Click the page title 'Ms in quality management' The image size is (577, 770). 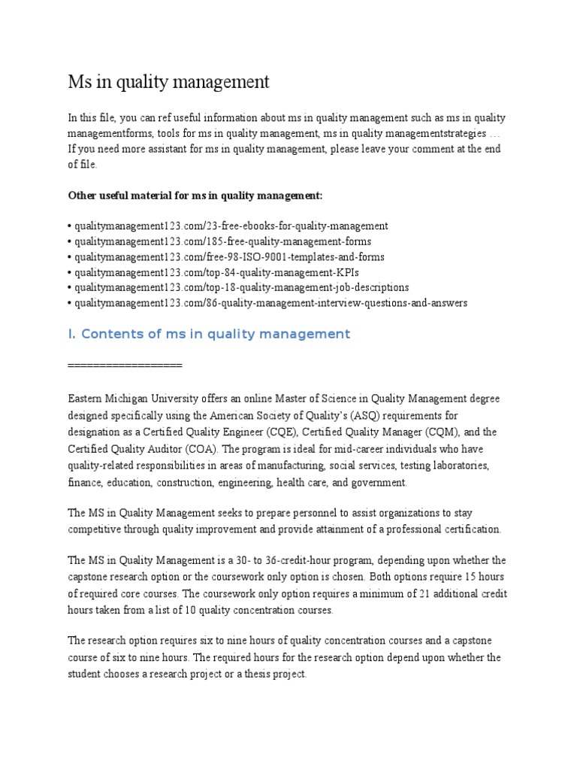[x=168, y=82]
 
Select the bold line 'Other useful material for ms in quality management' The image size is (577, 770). [x=195, y=196]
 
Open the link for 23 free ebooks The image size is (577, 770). [x=230, y=226]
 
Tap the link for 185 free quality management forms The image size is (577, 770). [x=222, y=241]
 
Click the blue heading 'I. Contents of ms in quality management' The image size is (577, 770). [x=209, y=334]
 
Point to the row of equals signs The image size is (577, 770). [x=125, y=365]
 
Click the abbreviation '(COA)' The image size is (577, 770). [x=195, y=449]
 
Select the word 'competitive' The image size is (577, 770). [x=97, y=529]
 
